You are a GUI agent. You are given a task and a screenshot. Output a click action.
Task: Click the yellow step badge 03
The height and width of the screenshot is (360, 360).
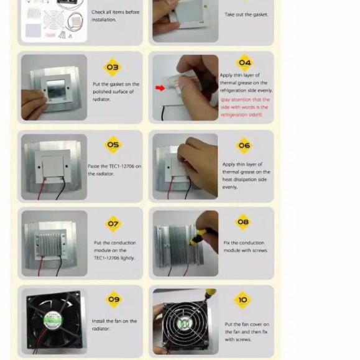(113, 67)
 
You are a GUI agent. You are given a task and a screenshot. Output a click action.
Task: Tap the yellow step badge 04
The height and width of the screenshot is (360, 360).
(244, 62)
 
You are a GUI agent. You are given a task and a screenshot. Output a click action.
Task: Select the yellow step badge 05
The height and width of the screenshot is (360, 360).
(113, 145)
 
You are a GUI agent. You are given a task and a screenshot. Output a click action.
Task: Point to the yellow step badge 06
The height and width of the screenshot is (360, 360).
(244, 145)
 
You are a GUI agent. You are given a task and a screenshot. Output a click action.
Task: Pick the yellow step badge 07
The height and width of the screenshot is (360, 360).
(113, 224)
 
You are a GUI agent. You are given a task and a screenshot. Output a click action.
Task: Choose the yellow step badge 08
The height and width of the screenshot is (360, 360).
(243, 222)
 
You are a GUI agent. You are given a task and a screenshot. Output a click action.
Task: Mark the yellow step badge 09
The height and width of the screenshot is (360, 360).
(114, 299)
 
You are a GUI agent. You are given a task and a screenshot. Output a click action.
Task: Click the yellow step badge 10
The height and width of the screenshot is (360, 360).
(242, 300)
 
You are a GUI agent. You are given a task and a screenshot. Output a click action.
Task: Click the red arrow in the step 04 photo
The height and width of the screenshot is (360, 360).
(160, 88)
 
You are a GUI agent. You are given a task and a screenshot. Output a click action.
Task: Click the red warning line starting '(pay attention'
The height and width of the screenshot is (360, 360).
(245, 99)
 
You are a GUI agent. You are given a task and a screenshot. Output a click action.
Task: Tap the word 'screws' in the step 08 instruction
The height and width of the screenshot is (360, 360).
(260, 251)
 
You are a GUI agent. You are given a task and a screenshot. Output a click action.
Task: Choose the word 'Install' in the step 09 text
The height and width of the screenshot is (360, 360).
(98, 321)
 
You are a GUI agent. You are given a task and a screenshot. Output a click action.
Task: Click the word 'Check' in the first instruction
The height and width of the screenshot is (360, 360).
(98, 12)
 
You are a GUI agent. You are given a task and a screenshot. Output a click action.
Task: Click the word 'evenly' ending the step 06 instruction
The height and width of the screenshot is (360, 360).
(230, 187)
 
